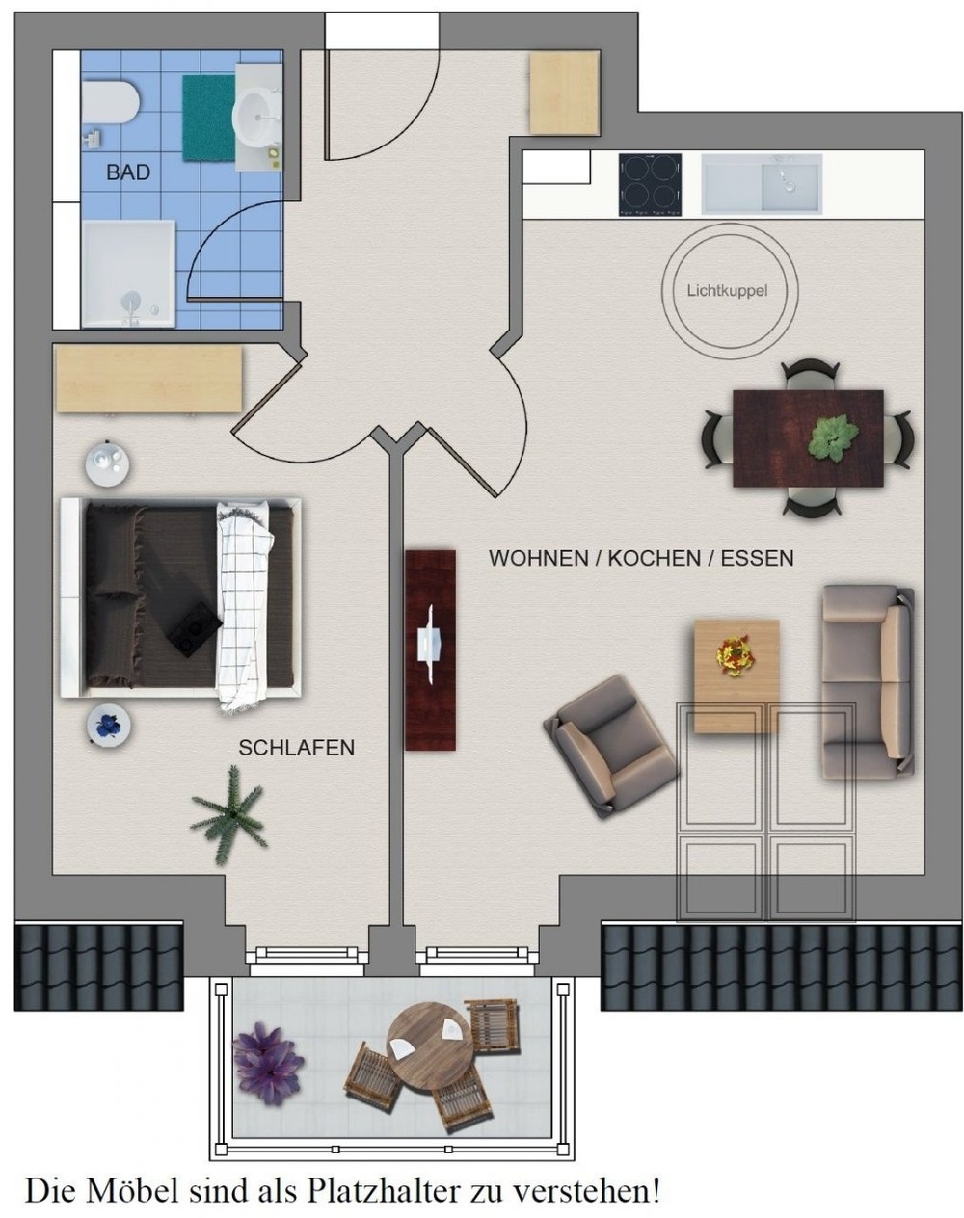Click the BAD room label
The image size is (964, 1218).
tap(128, 172)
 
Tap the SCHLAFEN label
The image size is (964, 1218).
tap(296, 748)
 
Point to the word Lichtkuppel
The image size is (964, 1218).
tap(727, 291)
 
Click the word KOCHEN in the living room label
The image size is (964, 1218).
tap(655, 558)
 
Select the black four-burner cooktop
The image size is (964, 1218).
tap(650, 184)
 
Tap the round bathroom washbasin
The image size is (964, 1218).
tap(256, 119)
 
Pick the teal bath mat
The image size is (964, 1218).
tap(208, 118)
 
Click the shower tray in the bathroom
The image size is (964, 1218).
tap(128, 274)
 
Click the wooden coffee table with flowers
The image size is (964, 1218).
tap(736, 676)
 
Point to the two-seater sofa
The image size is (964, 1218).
tap(868, 684)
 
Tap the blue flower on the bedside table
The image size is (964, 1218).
tap(108, 724)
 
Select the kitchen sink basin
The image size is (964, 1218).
tap(763, 184)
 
